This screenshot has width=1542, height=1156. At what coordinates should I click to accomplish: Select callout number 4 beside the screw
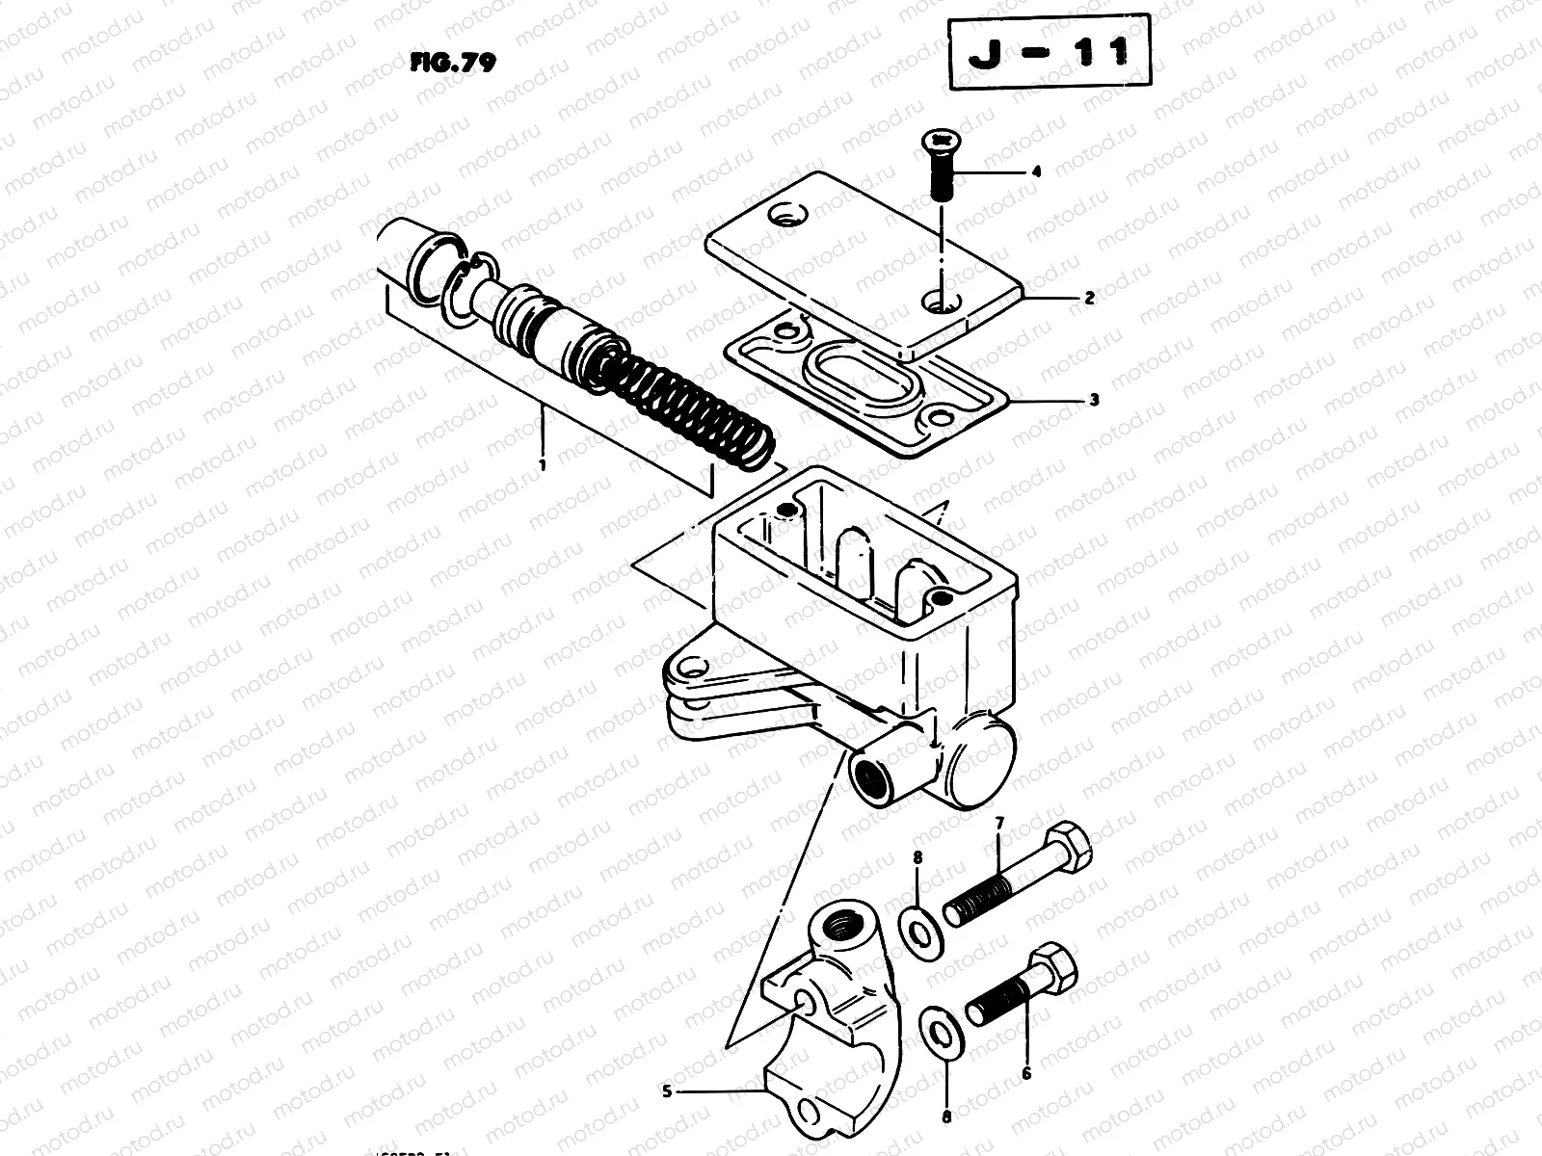(1036, 172)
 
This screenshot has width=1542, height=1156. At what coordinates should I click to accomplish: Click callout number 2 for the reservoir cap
(1089, 299)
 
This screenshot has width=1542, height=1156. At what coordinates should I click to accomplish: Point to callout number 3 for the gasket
(1093, 401)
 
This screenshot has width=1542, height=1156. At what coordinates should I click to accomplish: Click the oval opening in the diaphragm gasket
(858, 374)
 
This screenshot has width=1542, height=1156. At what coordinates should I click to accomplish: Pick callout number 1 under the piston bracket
(543, 464)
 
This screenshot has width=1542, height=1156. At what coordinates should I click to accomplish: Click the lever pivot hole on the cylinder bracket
(688, 668)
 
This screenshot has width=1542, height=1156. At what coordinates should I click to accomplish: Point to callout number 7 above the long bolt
(998, 824)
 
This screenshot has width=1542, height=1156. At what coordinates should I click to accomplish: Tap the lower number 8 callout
(946, 1118)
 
